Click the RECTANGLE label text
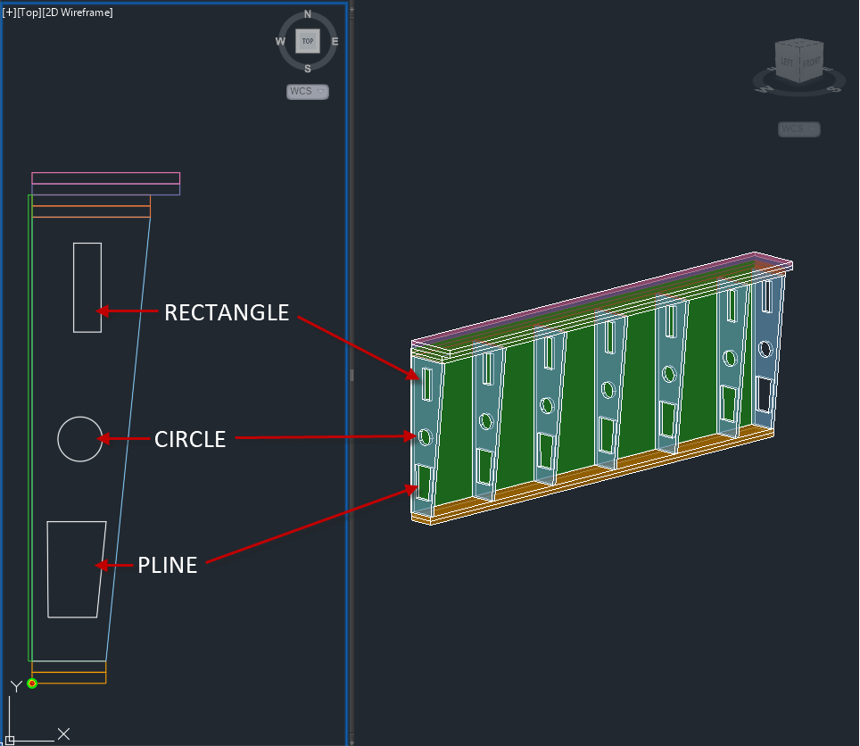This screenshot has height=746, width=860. point(227,312)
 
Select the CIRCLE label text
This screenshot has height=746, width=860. point(190,439)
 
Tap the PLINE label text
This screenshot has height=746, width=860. point(167,565)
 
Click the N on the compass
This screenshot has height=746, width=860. point(308,14)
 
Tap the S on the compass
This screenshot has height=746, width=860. point(308,69)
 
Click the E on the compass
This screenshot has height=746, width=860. point(335,41)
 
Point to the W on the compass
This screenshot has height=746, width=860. point(280,41)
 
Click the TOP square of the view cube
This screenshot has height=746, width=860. point(308,41)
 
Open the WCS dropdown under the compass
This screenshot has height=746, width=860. point(308,91)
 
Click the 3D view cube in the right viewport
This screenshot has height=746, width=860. point(798,61)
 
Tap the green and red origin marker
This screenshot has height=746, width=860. point(32,684)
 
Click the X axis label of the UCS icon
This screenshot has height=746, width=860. point(63,734)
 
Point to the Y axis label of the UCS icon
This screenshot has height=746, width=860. point(15,686)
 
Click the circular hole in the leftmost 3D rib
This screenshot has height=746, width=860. point(426,436)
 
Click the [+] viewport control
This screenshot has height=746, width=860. point(10,12)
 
